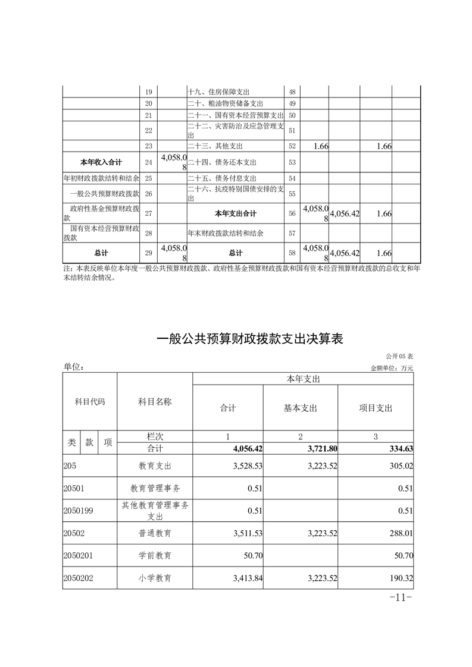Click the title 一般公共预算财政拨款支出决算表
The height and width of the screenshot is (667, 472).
(250, 339)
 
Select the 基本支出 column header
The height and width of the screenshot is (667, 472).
(301, 408)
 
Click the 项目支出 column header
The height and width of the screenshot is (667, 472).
(376, 408)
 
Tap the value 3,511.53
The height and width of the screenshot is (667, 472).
(245, 533)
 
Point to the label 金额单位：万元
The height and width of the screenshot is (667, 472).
(392, 368)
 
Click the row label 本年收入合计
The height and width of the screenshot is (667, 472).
(102, 162)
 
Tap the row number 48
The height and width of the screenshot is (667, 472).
(292, 92)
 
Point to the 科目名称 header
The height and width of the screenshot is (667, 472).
(155, 402)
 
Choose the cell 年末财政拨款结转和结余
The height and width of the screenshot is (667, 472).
(226, 232)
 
